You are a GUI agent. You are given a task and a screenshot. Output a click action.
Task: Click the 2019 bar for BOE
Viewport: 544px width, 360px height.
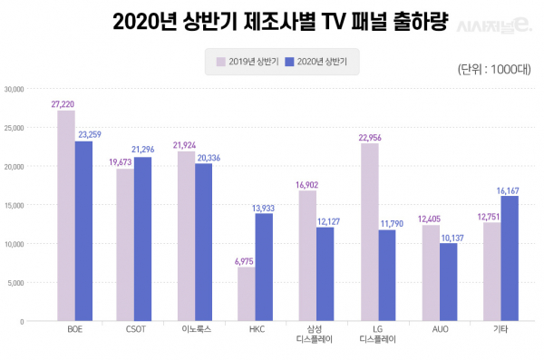[x=66, y=216]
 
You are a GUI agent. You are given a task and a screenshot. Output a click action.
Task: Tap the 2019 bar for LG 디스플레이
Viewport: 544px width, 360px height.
[x=369, y=232]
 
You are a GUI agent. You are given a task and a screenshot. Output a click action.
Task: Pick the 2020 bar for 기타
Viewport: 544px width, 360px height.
[x=509, y=258]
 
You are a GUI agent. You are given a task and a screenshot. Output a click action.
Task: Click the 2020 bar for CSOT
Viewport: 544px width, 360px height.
[x=143, y=238]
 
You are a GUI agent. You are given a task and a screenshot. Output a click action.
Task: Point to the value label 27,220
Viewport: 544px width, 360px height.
[x=66, y=104]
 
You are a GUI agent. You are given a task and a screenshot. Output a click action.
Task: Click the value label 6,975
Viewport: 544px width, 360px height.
[x=245, y=261]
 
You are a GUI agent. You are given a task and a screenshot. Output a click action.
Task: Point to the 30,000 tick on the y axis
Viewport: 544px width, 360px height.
[x=14, y=89]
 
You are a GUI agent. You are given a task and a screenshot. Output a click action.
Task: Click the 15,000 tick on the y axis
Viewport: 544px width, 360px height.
[x=14, y=205]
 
